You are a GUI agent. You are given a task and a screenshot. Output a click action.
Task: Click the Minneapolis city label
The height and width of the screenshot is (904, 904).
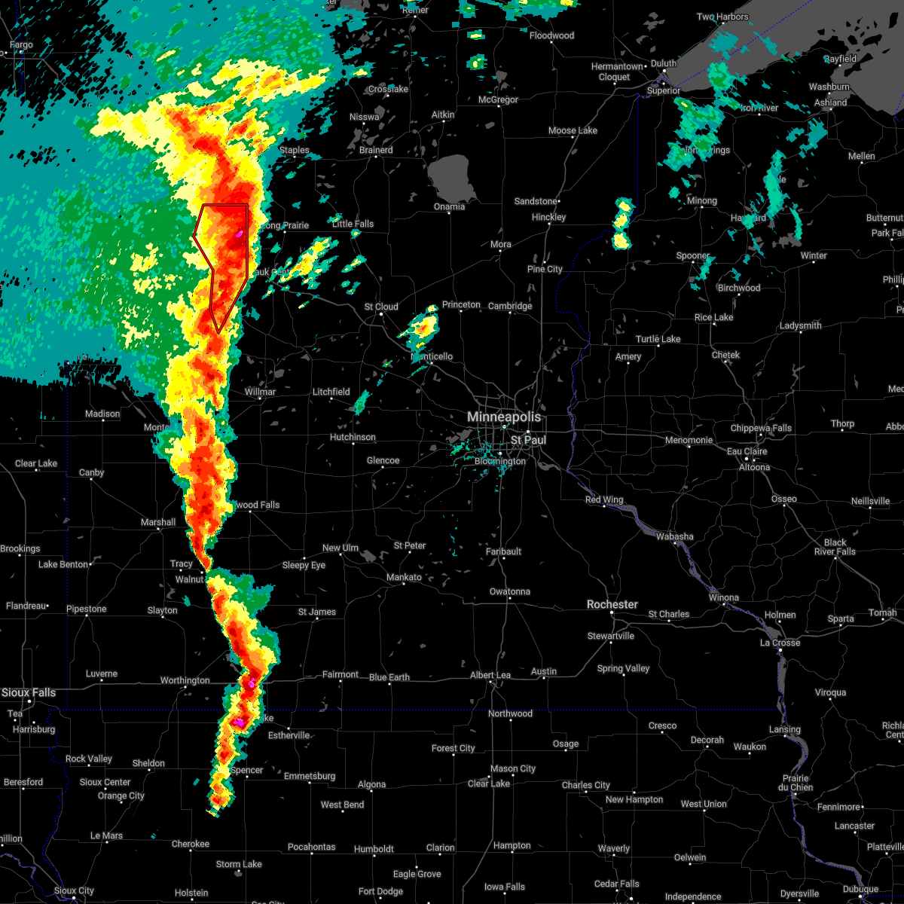coord(504,417)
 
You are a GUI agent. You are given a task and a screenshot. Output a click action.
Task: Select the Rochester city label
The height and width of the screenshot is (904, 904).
coord(612,604)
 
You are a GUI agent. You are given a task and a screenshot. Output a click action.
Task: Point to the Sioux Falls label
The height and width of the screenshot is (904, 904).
coord(28,692)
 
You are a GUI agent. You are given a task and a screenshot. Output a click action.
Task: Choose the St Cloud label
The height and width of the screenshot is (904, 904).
coord(381,307)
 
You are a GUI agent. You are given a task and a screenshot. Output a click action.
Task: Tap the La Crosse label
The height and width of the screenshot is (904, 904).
coord(780,643)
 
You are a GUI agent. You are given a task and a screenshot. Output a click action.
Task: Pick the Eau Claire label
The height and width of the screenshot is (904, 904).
coord(747,451)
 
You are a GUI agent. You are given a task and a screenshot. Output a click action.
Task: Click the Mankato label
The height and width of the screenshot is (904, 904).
coord(404,578)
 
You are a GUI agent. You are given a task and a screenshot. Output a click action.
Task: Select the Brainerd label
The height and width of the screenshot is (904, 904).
coord(376,150)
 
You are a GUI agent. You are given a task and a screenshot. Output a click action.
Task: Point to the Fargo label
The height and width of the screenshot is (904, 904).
coord(21,45)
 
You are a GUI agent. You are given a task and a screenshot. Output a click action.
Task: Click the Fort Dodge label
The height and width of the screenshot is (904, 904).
coord(380,891)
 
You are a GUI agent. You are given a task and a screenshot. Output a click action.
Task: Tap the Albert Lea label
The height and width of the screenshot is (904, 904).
coord(490,675)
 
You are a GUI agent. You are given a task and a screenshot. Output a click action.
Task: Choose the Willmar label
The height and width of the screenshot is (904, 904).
coord(260,392)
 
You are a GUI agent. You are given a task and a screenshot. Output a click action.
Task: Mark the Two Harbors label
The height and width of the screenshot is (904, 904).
coord(722,17)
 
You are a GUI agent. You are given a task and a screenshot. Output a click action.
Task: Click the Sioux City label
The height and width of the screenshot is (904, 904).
coord(75,891)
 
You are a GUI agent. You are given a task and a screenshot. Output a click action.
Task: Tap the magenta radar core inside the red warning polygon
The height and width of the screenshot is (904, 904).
coord(240,234)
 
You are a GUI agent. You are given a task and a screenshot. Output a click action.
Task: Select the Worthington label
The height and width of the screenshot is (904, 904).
coord(185,680)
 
